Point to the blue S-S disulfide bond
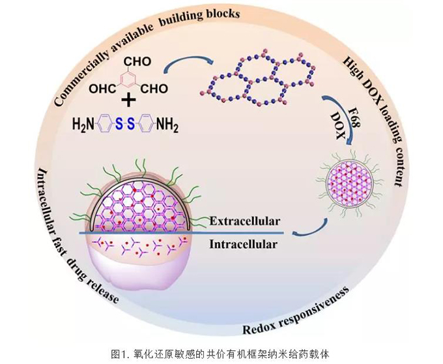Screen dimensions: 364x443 (123, 124)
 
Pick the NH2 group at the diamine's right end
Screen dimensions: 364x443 (167, 124)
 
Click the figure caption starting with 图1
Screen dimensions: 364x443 (221, 354)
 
